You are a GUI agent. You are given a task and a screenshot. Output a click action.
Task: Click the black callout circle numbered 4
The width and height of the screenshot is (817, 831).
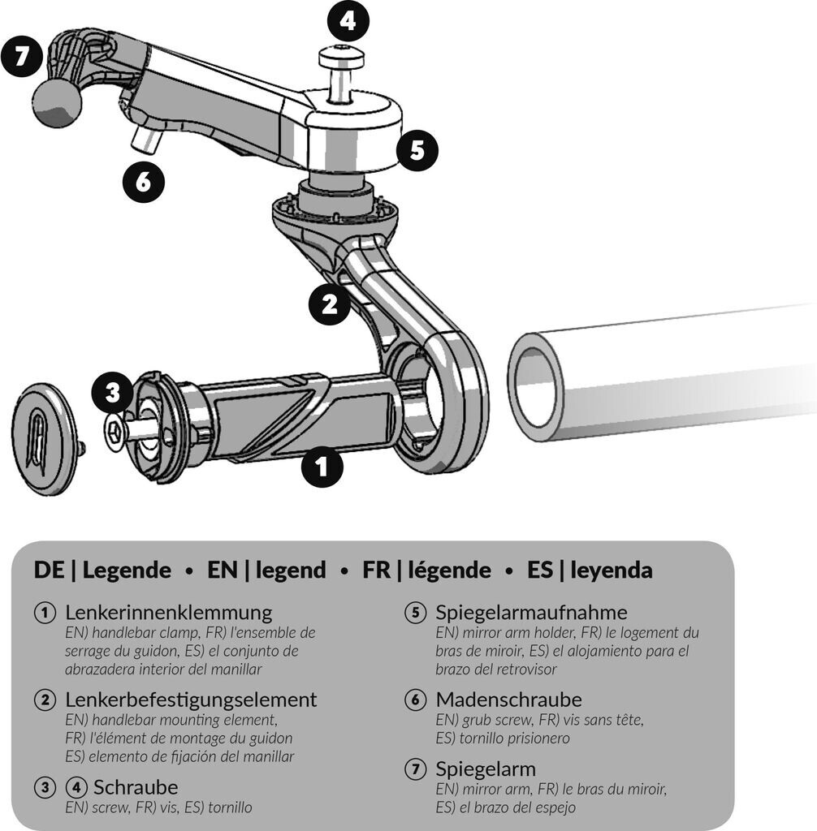348,22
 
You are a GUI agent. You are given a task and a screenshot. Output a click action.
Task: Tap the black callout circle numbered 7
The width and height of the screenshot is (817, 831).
22,60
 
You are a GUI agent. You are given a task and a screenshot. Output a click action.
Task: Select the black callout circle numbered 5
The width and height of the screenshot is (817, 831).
417,150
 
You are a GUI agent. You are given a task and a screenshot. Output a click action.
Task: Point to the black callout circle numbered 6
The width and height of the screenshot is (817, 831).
143,182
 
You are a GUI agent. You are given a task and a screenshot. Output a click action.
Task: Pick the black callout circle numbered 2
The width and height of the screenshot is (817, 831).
330,304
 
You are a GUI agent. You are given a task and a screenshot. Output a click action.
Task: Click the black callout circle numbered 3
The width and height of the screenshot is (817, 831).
112,394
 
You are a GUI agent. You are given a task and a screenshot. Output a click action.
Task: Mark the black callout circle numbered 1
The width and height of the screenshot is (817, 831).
322,467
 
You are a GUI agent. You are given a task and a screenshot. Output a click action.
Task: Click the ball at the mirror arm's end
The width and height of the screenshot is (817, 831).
57,103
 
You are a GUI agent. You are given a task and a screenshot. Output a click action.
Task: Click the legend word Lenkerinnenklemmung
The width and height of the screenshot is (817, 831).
168,612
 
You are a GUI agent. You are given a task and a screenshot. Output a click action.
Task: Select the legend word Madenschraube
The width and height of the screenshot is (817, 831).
508,699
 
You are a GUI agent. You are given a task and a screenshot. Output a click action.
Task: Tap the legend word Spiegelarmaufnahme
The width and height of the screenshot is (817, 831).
531,612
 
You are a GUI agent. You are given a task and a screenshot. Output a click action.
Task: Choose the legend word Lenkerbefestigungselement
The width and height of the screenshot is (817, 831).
191,699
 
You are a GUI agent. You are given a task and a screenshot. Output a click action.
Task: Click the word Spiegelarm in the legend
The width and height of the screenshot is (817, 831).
486,768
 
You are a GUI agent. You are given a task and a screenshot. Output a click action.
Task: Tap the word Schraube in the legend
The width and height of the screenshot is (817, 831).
136,786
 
